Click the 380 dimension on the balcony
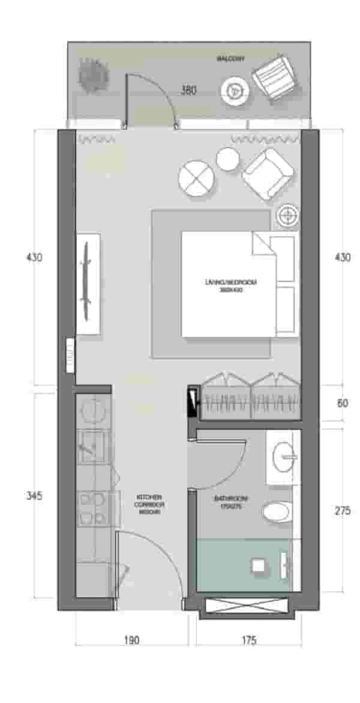188,91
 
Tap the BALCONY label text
231,59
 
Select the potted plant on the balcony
93,75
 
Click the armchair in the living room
268,174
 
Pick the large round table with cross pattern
196,178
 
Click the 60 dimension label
342,403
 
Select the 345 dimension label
34,496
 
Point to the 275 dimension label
342,511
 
